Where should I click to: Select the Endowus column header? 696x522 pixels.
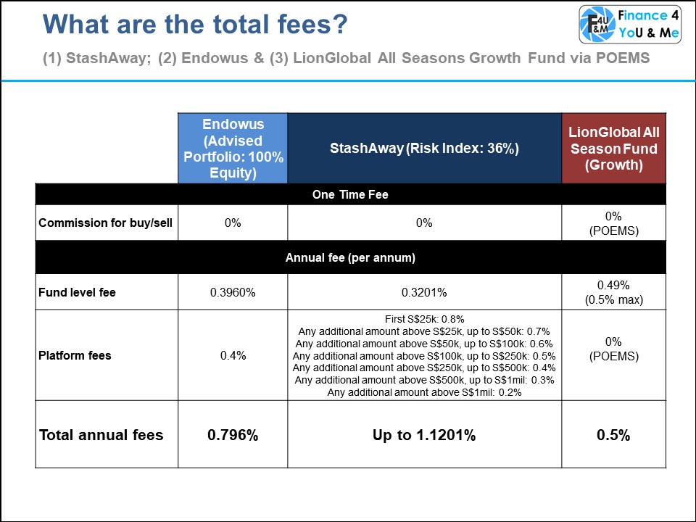pos(233,148)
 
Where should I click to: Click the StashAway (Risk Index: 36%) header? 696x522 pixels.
pos(425,148)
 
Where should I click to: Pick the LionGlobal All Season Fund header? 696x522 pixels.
pos(613,148)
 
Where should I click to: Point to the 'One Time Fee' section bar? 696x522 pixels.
pos(349,194)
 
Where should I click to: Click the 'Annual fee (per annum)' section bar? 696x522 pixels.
pos(349,257)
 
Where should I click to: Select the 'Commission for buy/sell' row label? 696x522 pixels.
pos(106,223)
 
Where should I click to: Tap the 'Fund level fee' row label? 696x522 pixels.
pos(78,293)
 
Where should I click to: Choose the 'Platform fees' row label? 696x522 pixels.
pos(75,356)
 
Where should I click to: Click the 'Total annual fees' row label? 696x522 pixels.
pos(101,435)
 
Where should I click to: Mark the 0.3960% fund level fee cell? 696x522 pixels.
pos(233,293)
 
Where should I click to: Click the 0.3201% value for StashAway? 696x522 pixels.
pos(425,293)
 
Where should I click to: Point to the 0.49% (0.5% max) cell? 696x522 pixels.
pos(613,293)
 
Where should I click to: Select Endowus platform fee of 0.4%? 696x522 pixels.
pos(233,356)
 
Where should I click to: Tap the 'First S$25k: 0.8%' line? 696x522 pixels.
pos(425,318)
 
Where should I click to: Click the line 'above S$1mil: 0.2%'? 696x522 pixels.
pos(425,392)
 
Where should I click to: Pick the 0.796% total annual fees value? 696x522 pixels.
pos(233,435)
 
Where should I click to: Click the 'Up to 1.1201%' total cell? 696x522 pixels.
pos(425,435)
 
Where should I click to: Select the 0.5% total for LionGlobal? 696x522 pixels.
pos(613,435)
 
